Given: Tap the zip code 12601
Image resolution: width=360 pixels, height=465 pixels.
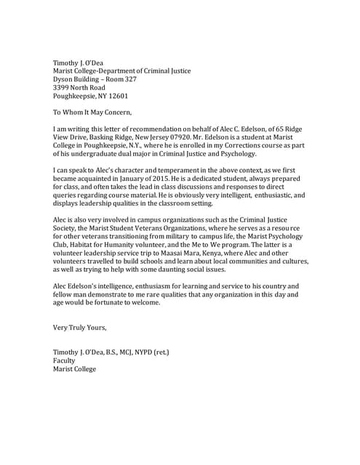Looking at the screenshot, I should [116, 96].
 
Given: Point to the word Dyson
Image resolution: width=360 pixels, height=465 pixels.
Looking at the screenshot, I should [65, 78].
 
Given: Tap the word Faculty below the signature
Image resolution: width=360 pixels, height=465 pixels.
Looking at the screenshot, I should [64, 360].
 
